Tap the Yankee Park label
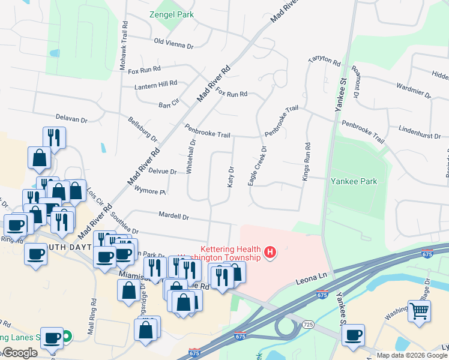click(x=354, y=181)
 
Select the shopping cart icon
click(x=420, y=310)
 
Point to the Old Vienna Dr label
click(x=173, y=43)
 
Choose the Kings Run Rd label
click(x=307, y=162)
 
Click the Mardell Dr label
click(x=174, y=215)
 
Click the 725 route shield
click(x=309, y=325)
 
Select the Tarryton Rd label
click(x=324, y=61)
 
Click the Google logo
click(x=20, y=353)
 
